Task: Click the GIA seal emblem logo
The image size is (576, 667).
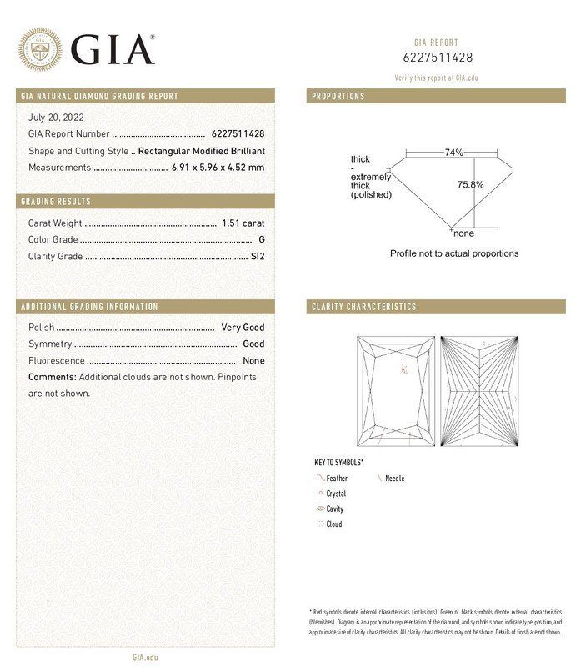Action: pos(40,48)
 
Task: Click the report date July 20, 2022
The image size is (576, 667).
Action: pos(56,118)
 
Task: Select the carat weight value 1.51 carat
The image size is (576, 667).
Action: pos(243,223)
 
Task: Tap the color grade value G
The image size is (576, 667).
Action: pos(262,240)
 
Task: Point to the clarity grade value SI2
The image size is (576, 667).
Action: pos(258,257)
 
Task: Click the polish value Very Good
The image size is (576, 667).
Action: pos(243,328)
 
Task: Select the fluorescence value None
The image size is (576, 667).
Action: pos(253,361)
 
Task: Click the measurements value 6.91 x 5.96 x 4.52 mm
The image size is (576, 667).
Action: pos(218,168)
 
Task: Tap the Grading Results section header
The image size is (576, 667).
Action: pos(56,202)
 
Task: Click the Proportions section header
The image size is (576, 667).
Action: pos(338,97)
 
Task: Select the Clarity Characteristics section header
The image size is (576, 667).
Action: pos(363,307)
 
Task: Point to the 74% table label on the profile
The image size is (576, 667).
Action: pos(453,153)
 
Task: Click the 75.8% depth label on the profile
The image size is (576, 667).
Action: pos(470,184)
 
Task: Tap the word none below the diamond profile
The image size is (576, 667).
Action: pos(463,233)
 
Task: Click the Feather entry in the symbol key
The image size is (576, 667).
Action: pos(337,479)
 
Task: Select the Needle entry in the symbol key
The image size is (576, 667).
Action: pos(394,479)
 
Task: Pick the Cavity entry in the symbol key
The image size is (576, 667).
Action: pos(334,509)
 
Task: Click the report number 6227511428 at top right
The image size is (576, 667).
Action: pos(438,58)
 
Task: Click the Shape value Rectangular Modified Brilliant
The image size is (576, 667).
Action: pos(201,151)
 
